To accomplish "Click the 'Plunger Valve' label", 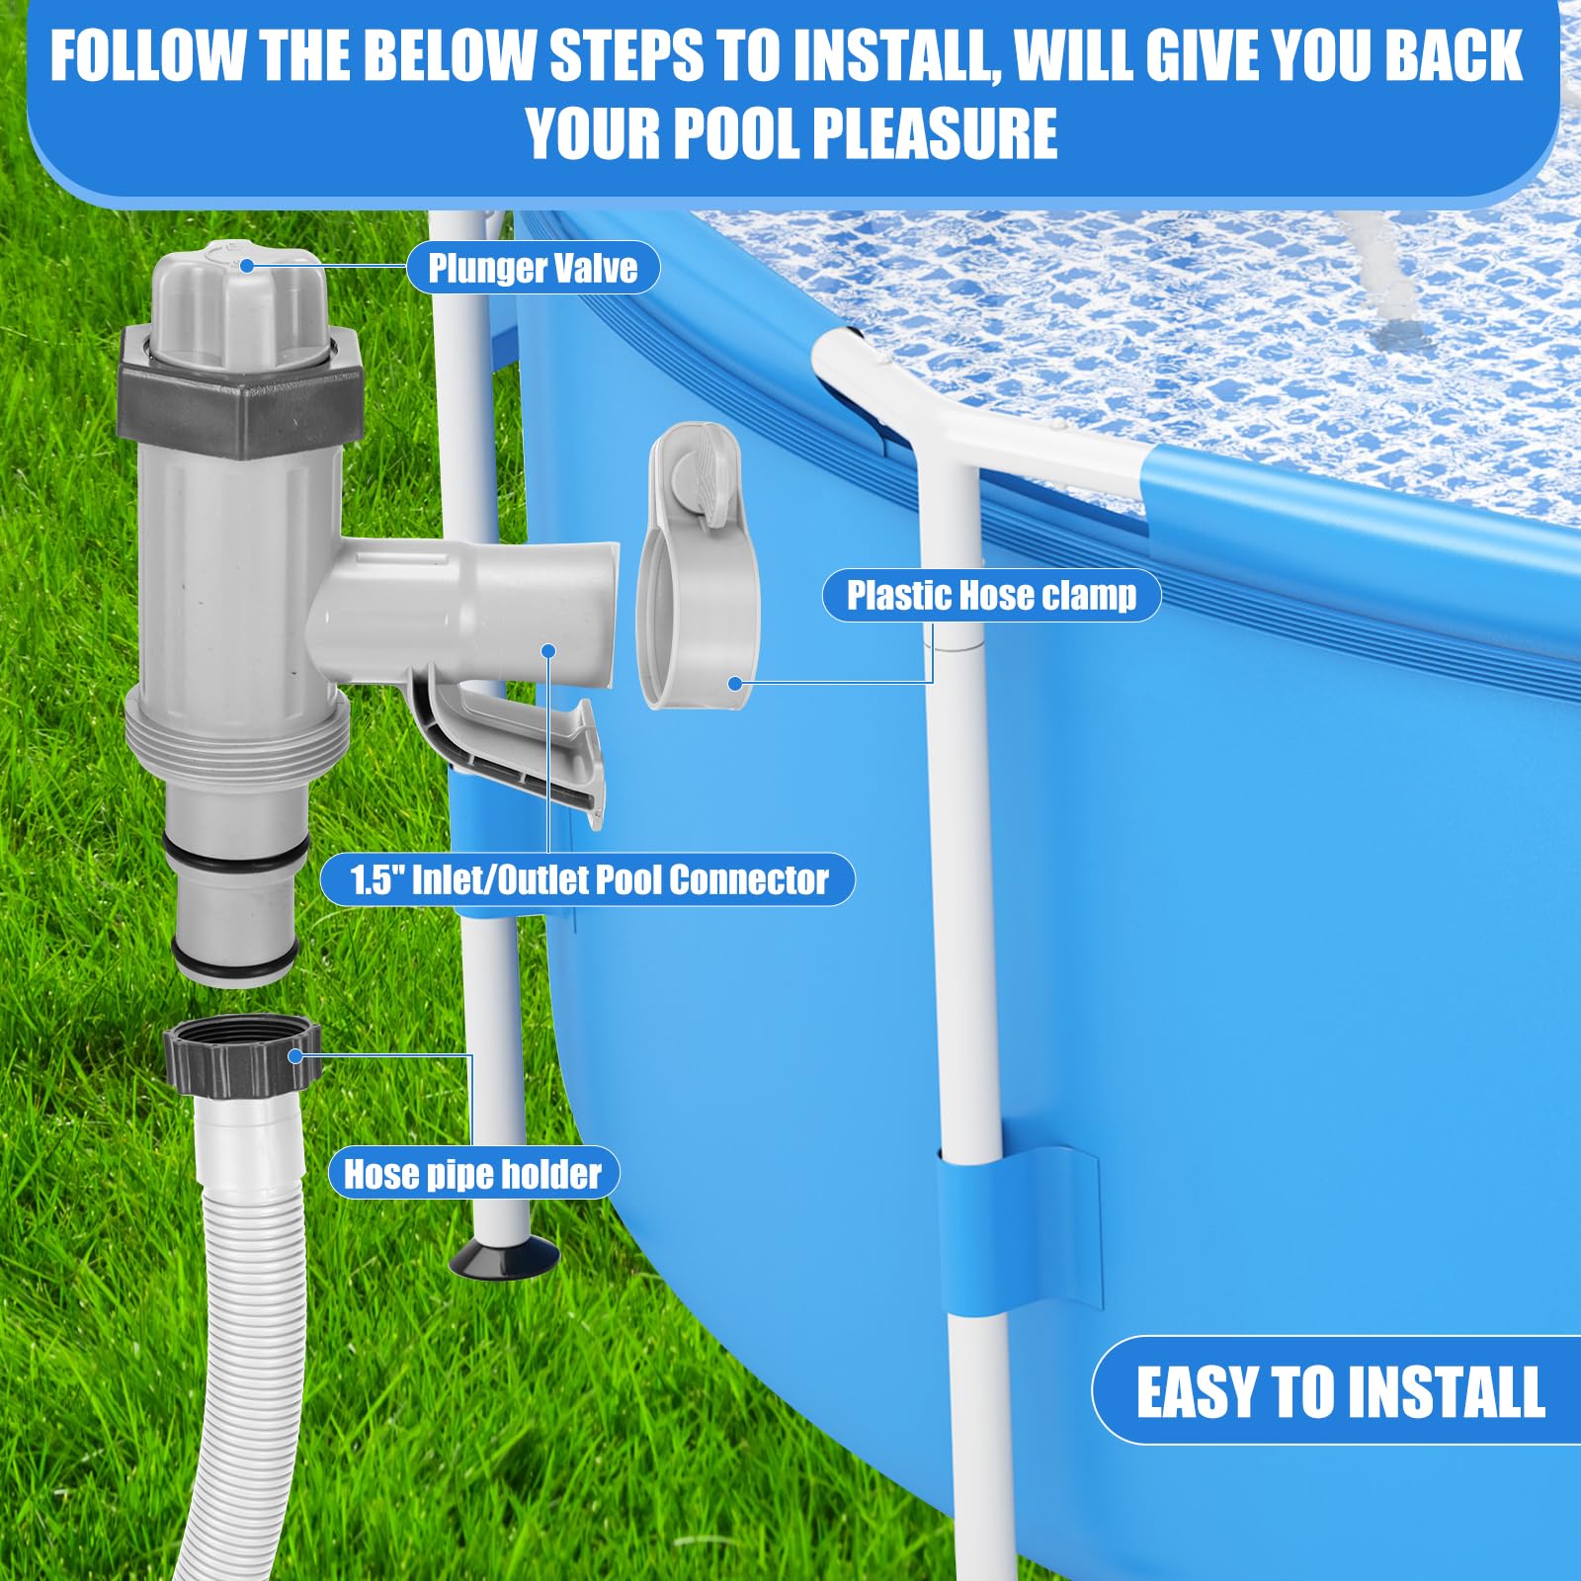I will coord(533,268).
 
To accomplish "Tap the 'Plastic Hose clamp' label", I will coord(991,596).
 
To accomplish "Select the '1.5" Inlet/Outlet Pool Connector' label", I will coord(588,879).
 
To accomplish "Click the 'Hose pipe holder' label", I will coord(472,1174).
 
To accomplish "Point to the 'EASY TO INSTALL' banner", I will coord(1339,1391).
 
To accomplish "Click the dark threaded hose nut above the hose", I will coord(243,1057).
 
